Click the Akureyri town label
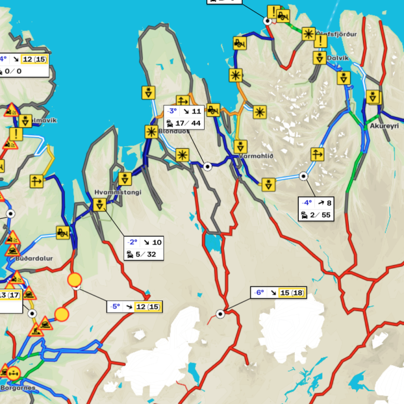(x=384, y=127)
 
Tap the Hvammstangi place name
(x=118, y=193)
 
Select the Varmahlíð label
(x=256, y=156)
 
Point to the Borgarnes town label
(x=18, y=388)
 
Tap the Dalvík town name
(x=338, y=58)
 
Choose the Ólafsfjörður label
(x=337, y=34)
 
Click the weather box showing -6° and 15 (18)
(x=278, y=292)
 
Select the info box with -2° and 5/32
(x=144, y=248)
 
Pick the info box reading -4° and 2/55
(x=316, y=209)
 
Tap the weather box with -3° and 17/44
(x=184, y=117)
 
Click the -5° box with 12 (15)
(x=134, y=307)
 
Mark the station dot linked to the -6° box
(x=220, y=314)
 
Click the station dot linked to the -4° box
(x=303, y=176)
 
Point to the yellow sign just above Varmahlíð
(x=241, y=146)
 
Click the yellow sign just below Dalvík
(x=344, y=78)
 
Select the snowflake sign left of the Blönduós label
(x=151, y=132)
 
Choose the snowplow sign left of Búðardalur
(x=63, y=233)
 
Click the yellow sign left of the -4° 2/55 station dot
(x=269, y=185)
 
